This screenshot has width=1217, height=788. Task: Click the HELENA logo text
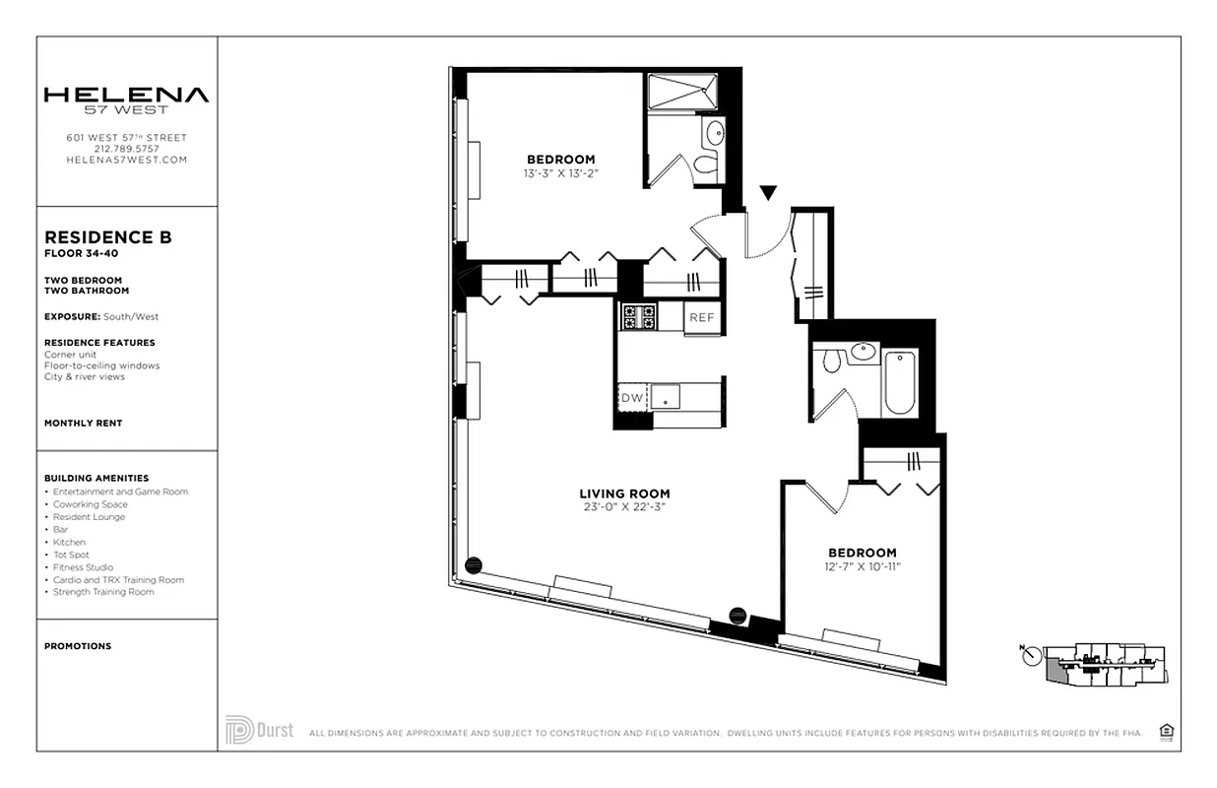[x=126, y=96]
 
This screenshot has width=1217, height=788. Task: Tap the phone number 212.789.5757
[x=126, y=149]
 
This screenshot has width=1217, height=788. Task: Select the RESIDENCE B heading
[x=108, y=237]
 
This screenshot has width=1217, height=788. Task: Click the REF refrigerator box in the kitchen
[x=701, y=317]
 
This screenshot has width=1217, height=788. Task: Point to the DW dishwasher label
[x=631, y=398]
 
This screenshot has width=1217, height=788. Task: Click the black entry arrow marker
[x=768, y=193]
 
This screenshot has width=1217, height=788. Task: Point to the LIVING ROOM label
[x=625, y=494]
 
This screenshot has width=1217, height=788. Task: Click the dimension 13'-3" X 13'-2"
[x=560, y=173]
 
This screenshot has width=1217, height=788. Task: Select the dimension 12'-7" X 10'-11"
[x=863, y=566]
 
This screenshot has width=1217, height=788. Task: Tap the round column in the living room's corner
[x=473, y=564]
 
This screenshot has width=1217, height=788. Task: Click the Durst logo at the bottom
[x=260, y=730]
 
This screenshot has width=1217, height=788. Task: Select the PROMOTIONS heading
[x=78, y=646]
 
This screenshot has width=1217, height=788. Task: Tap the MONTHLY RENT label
[x=84, y=424]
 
